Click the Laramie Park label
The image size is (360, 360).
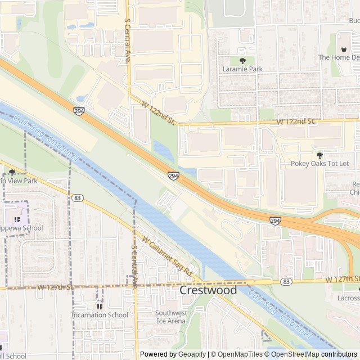point(242,70)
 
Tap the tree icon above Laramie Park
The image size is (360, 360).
point(242,60)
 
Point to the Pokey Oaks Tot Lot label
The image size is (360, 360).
point(319,164)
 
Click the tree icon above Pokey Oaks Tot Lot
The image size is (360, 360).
point(319,155)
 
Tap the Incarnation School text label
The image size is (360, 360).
point(100,315)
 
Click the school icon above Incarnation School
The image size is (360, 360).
point(100,307)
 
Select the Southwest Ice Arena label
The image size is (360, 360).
point(170,317)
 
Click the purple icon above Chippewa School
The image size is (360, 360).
point(17,219)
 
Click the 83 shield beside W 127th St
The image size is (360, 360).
point(287,281)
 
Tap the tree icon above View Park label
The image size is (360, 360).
point(12,172)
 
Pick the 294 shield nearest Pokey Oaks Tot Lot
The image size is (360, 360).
point(275,221)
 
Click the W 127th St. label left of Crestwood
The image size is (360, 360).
point(56,287)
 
